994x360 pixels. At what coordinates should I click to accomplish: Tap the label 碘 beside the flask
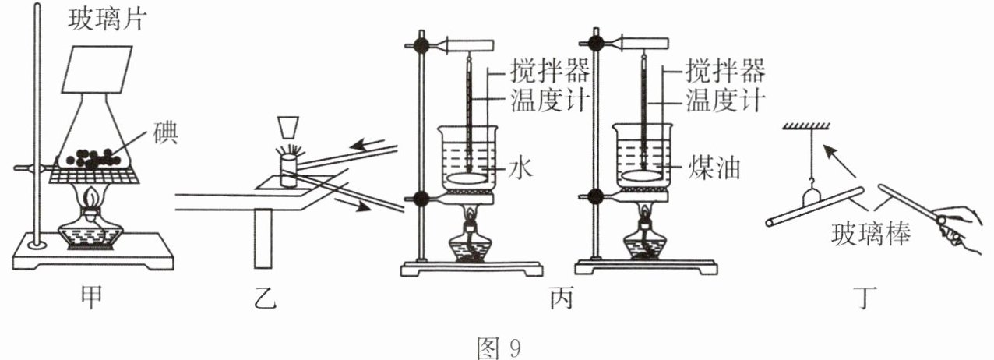(x=166, y=133)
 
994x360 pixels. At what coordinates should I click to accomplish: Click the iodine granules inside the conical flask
(x=93, y=157)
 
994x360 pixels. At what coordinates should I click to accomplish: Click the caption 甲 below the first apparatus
(x=92, y=298)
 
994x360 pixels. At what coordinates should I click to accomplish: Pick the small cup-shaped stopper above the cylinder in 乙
(x=287, y=127)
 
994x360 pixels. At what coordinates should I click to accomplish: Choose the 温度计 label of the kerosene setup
(x=724, y=101)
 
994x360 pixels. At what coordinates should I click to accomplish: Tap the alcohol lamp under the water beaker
(x=471, y=241)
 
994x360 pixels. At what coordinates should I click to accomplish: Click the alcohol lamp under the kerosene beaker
(x=646, y=241)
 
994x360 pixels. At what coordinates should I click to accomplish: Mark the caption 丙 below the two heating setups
(x=559, y=298)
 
